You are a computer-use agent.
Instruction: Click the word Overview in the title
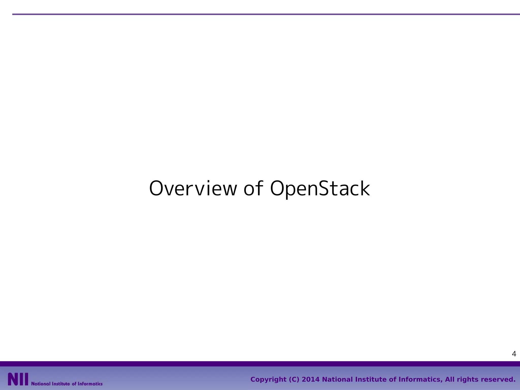click(x=193, y=189)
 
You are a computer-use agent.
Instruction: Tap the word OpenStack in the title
click(x=320, y=189)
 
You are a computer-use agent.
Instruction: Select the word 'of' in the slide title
click(x=253, y=188)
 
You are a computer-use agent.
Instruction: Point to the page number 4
click(x=514, y=354)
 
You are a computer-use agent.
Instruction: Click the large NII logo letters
click(x=18, y=379)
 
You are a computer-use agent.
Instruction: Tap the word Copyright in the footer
click(x=268, y=380)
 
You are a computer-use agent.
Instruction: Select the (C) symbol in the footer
click(x=294, y=380)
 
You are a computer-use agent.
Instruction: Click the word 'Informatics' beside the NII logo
click(x=90, y=384)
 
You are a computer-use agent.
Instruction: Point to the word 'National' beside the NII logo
click(x=41, y=384)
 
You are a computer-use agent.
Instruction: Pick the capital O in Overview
click(x=157, y=188)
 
